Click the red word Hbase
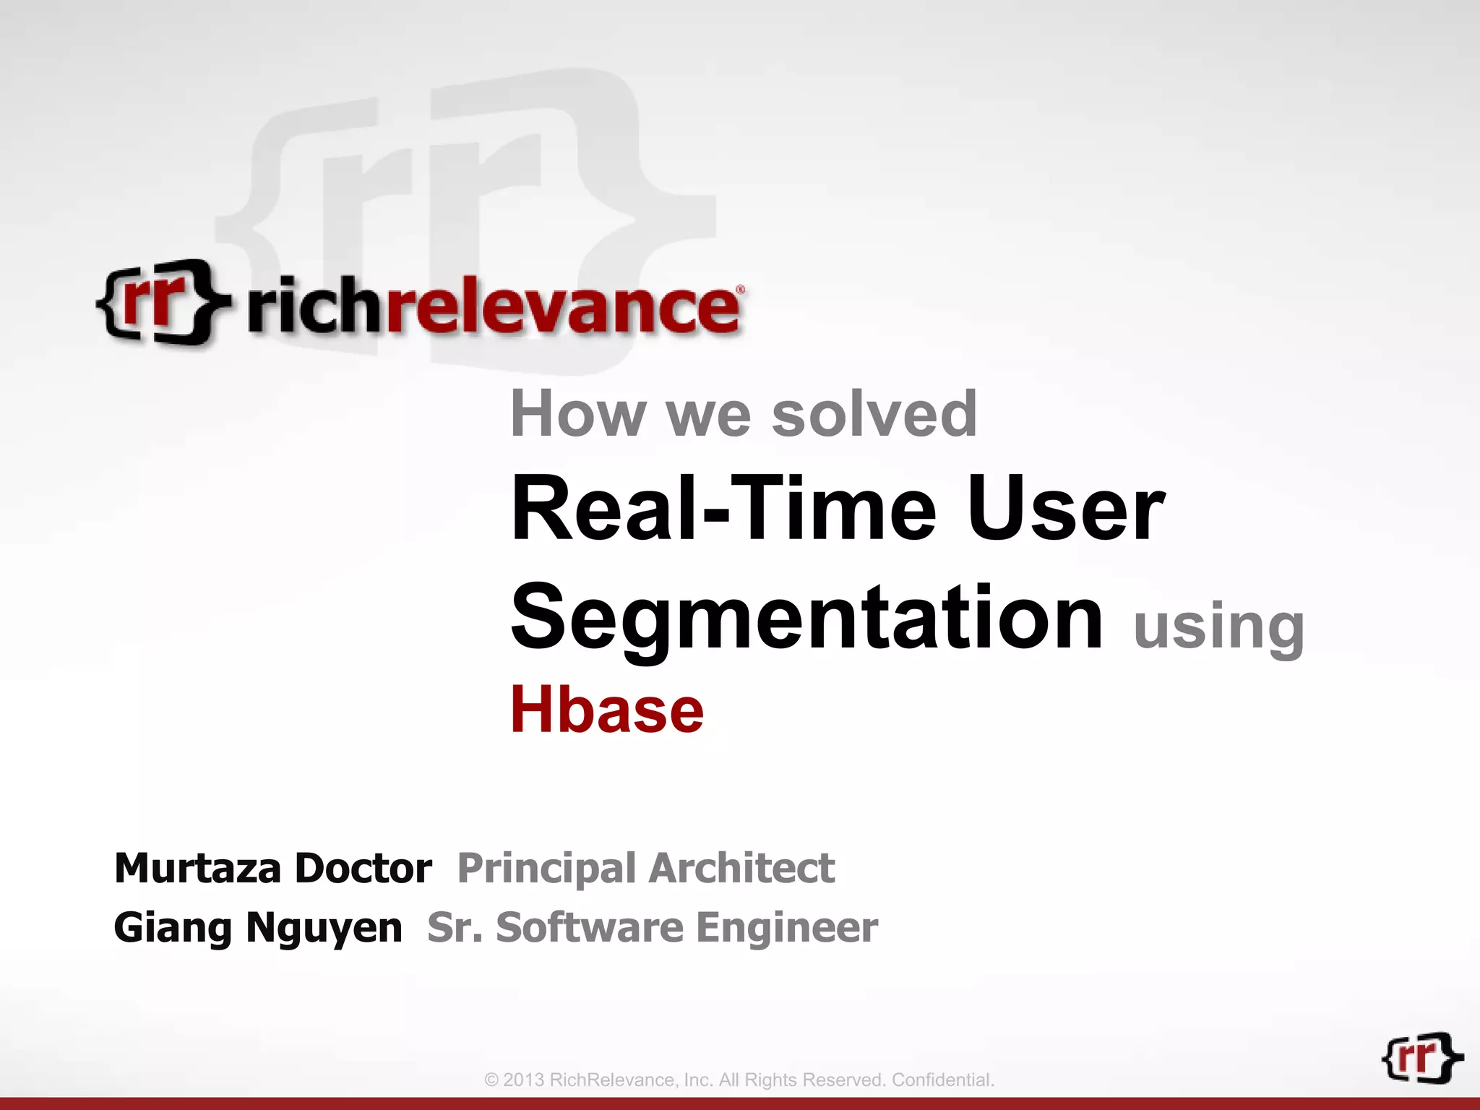(606, 710)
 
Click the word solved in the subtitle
(874, 413)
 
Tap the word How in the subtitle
(577, 413)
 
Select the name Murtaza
(197, 868)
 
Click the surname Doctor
(363, 868)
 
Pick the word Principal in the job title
(546, 869)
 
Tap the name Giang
(173, 928)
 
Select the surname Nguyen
(324, 929)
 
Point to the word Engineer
(787, 929)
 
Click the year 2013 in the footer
(523, 1080)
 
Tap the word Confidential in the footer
(942, 1080)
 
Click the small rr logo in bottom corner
(1421, 1058)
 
